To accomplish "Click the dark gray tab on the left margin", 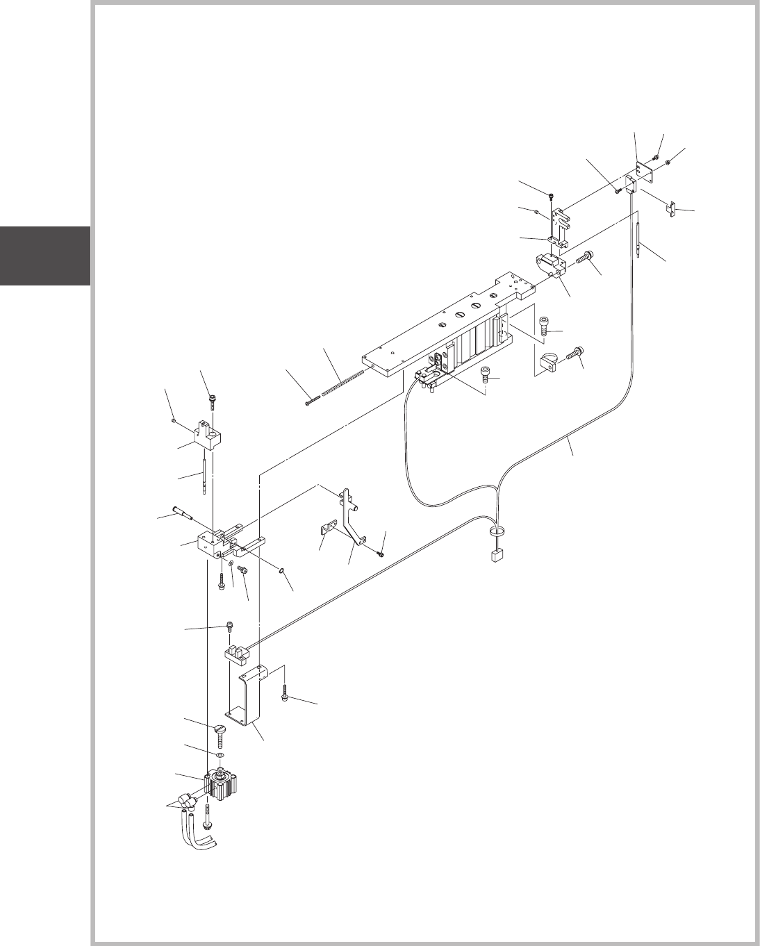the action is coord(44,256).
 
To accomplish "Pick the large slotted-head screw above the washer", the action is coord(220,733).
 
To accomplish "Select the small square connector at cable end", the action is coord(496,556).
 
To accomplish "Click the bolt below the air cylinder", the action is coord(208,815).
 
